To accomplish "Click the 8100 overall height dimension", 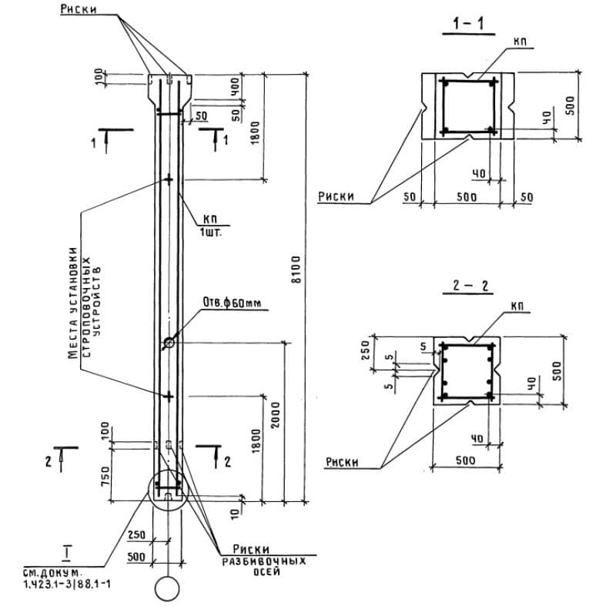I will pyautogui.click(x=297, y=271).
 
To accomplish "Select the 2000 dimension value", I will pyautogui.click(x=277, y=420).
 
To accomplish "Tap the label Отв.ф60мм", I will pyautogui.click(x=232, y=302).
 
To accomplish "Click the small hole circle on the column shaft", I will pyautogui.click(x=169, y=342).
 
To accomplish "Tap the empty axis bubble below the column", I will pyautogui.click(x=167, y=589).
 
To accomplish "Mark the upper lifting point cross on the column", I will pyautogui.click(x=169, y=179).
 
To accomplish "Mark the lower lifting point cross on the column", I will pyautogui.click(x=169, y=396).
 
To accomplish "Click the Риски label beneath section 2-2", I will pyautogui.click(x=341, y=462).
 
